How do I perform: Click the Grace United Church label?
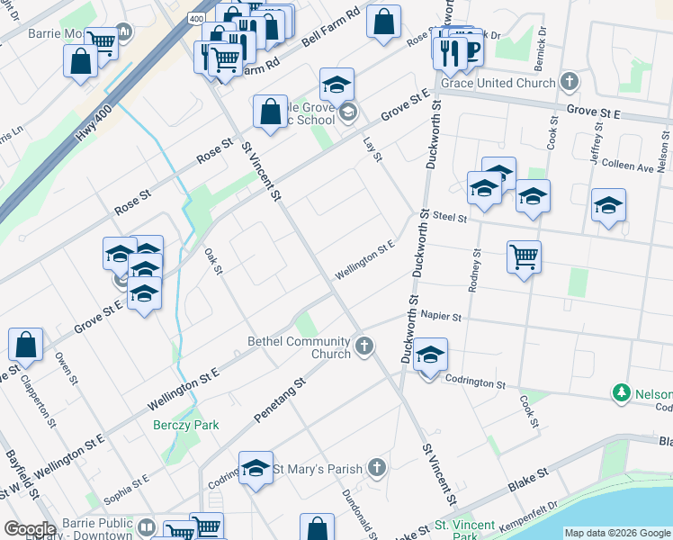tap(497, 84)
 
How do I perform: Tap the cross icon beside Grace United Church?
tap(569, 83)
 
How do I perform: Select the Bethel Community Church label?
tap(300, 347)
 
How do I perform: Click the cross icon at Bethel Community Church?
tap(364, 346)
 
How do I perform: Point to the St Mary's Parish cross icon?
tap(377, 468)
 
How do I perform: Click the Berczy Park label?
tap(185, 425)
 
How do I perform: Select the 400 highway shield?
tap(196, 17)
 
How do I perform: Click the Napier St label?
tap(440, 317)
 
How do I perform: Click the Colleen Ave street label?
tap(628, 167)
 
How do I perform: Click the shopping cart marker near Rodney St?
tap(523, 257)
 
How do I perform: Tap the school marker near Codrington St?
tap(431, 357)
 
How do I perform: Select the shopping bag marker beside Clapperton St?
tap(26, 345)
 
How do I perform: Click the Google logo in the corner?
tap(31, 529)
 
